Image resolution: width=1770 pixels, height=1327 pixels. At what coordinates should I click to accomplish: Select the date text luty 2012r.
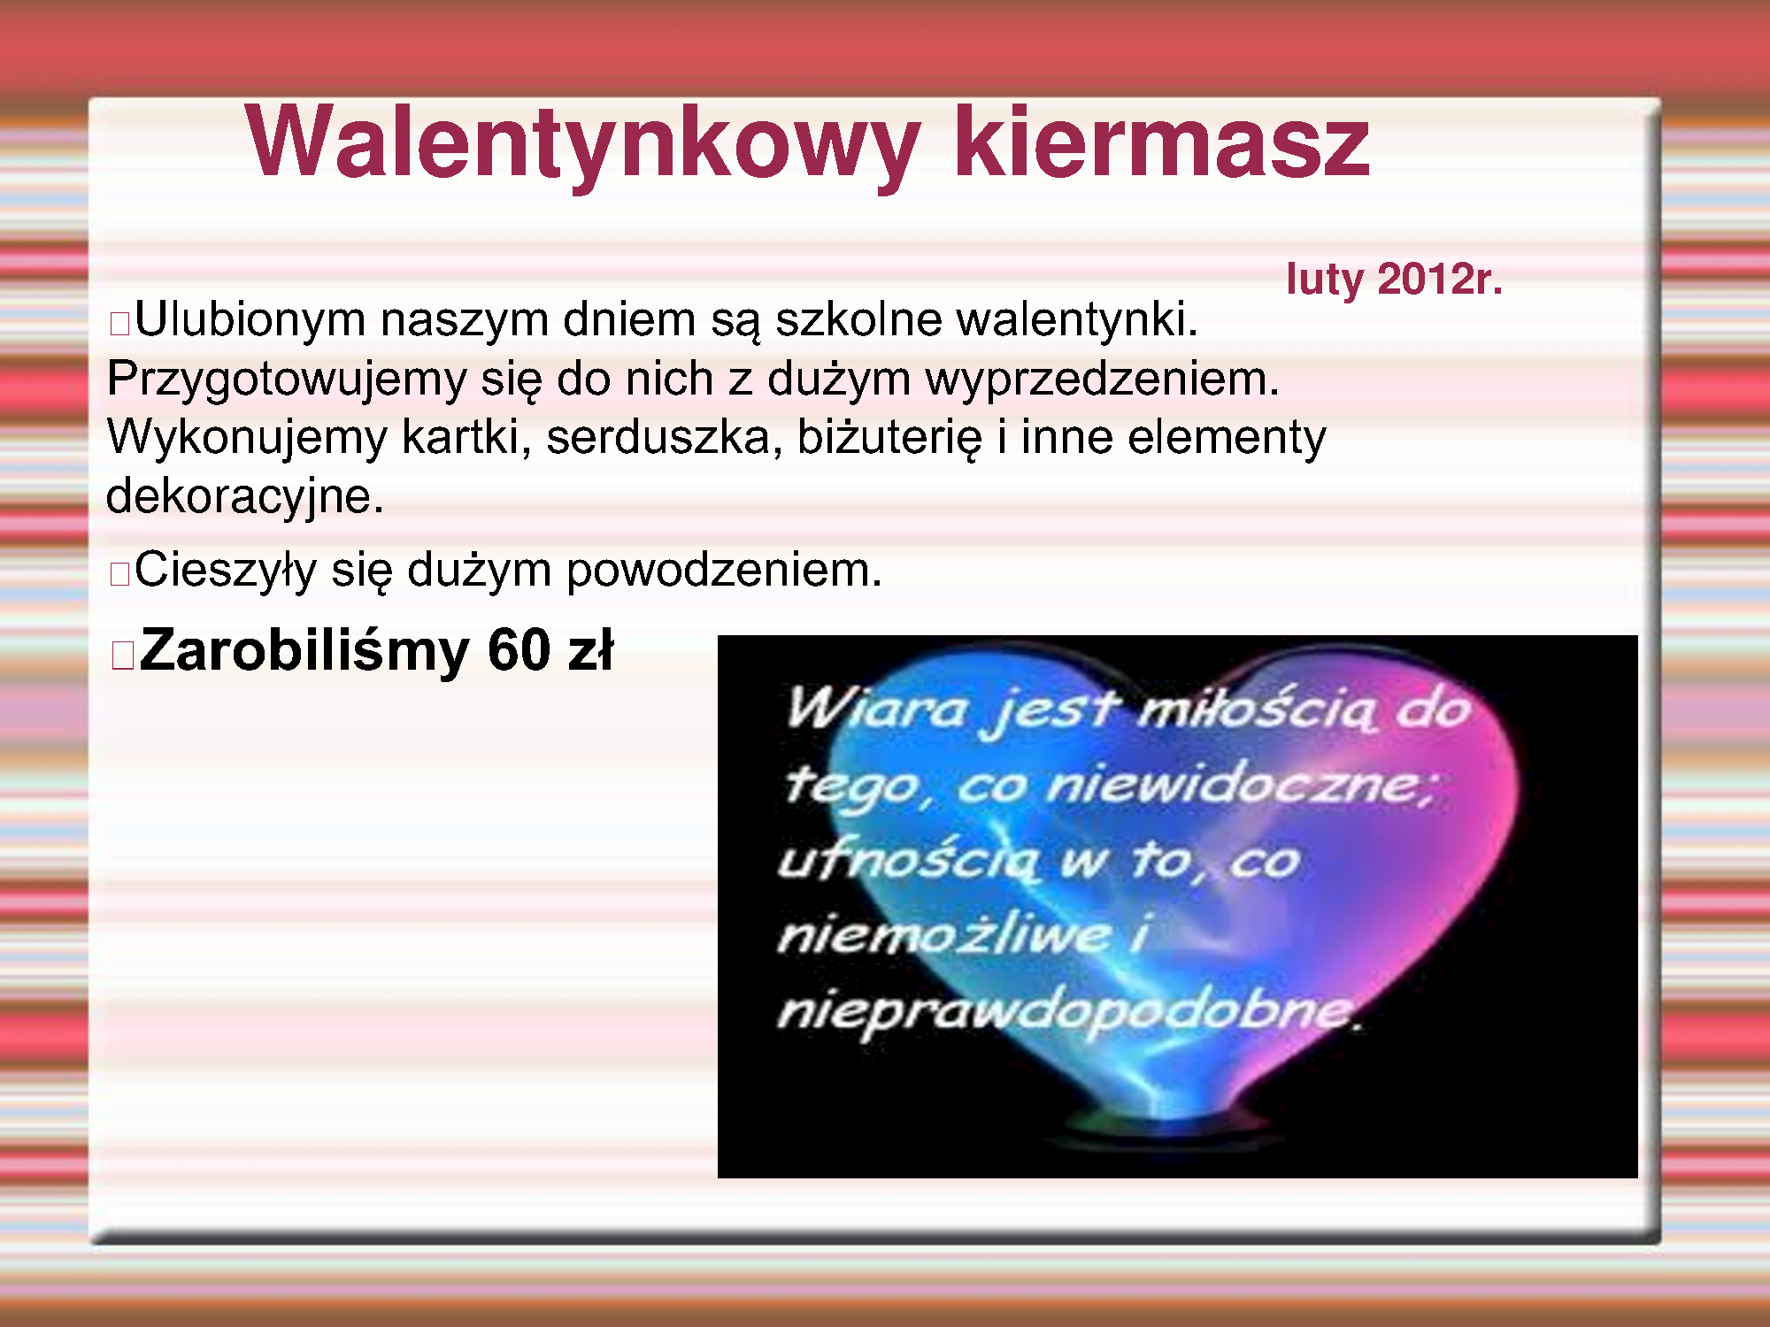click(x=1395, y=280)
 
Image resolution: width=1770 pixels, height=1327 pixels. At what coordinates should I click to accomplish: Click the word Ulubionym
click(x=250, y=320)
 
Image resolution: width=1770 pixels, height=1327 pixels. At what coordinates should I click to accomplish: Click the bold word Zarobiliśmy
click(x=304, y=652)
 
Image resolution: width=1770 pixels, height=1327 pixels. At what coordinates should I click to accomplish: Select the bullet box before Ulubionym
click(x=119, y=325)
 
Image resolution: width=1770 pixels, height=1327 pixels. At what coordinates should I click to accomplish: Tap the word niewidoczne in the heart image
click(x=1239, y=785)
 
